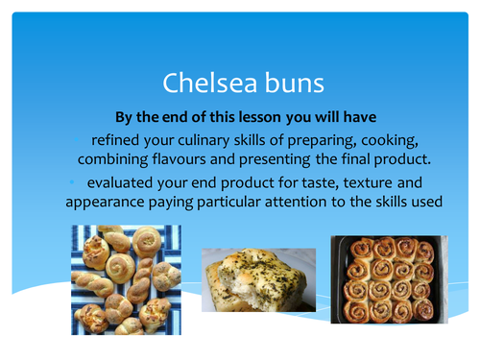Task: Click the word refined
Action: coord(117,140)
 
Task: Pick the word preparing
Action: coord(323,140)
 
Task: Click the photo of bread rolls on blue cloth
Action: coord(125,280)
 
